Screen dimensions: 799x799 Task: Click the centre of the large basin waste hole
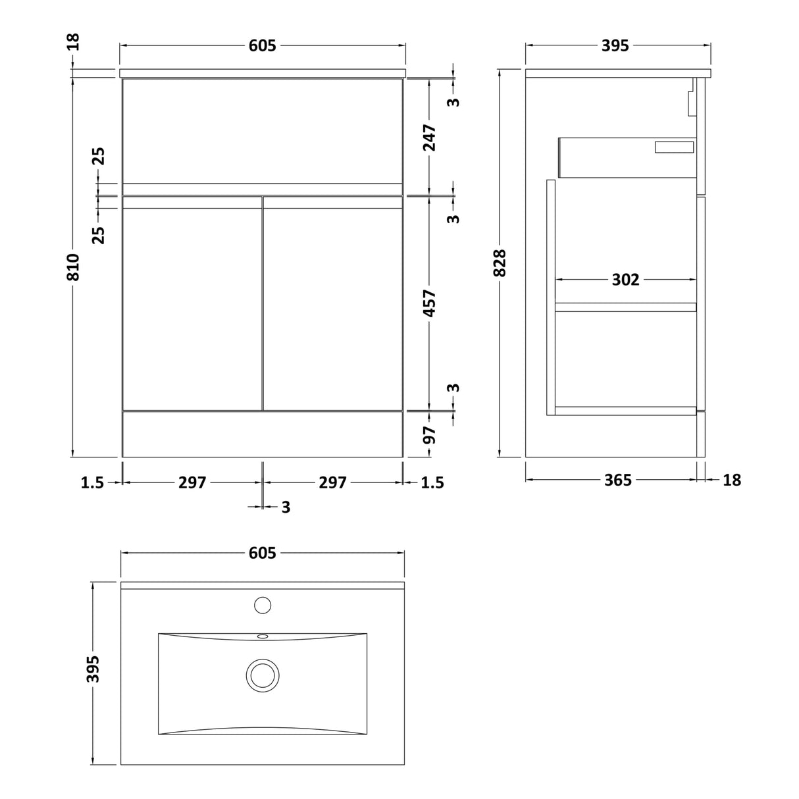[x=263, y=675]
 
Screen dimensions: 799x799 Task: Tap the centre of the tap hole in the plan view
[x=263, y=606]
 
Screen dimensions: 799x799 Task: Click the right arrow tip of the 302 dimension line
[x=696, y=280]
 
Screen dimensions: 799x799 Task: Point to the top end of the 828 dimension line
[x=500, y=70]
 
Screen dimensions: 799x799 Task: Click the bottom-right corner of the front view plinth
[x=403, y=457]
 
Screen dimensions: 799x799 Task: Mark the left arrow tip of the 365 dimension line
[x=526, y=480]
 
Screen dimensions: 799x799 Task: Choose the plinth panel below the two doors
[x=263, y=434]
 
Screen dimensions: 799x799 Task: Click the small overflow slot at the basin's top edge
[x=263, y=636]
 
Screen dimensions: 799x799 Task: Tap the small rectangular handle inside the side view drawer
[x=674, y=147]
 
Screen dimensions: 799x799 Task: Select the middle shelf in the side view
[x=625, y=307]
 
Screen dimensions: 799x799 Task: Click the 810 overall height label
[x=73, y=267]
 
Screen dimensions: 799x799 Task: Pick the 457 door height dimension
[x=430, y=303]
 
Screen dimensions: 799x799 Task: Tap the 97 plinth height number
[x=430, y=435]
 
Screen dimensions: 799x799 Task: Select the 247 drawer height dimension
[x=430, y=138]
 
